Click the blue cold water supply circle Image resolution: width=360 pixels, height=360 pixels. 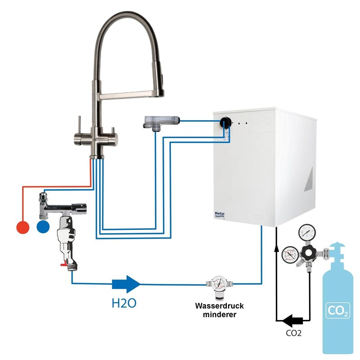[43, 227]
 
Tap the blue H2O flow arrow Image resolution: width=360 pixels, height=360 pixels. [126, 284]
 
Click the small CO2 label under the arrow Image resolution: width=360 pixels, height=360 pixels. [293, 334]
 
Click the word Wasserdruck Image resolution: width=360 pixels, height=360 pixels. [219, 306]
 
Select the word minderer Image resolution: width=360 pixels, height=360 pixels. [220, 315]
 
